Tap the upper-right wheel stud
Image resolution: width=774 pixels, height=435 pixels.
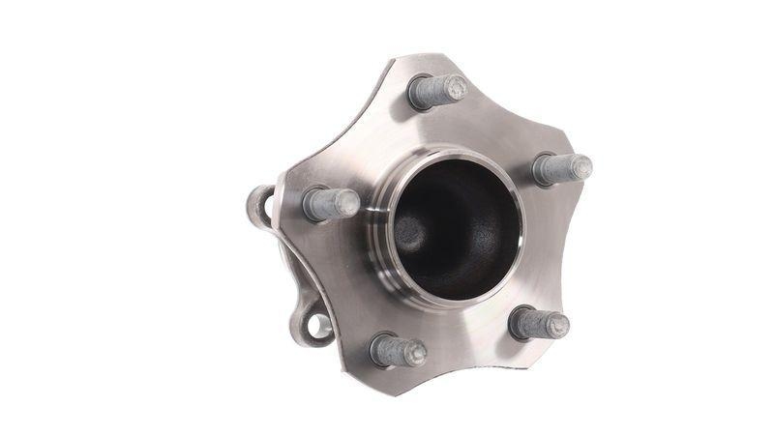coord(561,169)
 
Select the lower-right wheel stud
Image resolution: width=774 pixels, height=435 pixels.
coord(538,323)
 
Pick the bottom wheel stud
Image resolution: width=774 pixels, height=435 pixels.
coord(397,350)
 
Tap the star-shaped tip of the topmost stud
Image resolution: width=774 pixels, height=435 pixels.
coord(456,88)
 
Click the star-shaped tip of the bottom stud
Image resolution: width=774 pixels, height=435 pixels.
coord(416,354)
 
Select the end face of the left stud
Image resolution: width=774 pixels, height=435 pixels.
coord(349,202)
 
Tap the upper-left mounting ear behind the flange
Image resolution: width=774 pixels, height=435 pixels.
coord(259,204)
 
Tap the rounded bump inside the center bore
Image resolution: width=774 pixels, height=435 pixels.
coord(411,232)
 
